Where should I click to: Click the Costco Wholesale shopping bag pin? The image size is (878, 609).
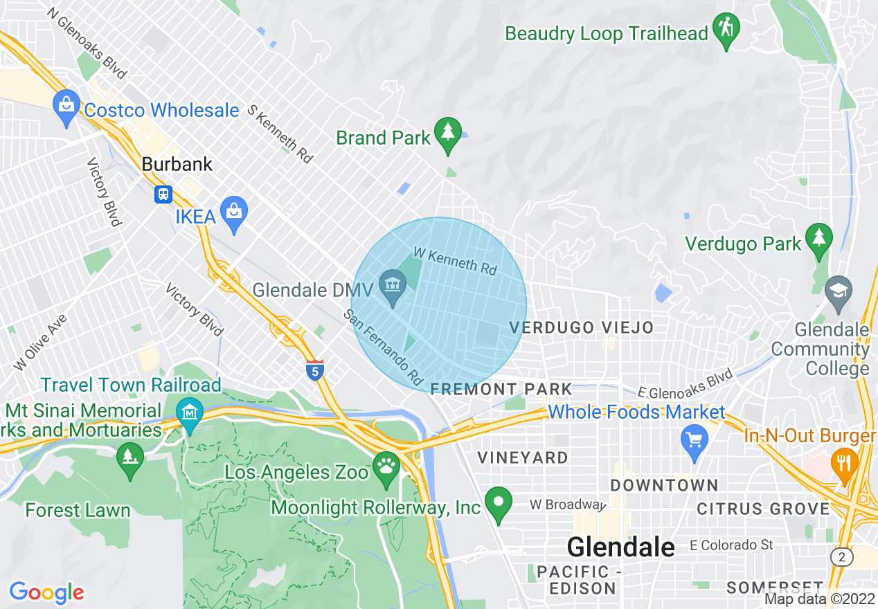point(66,106)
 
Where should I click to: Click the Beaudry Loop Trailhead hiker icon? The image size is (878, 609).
point(726,29)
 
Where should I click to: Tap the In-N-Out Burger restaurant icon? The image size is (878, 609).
point(843,462)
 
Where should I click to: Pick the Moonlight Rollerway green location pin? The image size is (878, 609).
point(498,502)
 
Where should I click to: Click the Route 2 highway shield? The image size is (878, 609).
point(841,556)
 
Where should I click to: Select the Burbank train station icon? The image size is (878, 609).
point(163,194)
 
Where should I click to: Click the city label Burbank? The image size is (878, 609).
point(177,165)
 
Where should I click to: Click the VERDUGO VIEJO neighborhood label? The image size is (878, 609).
point(581,327)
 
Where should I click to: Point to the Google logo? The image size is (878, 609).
point(46,593)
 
